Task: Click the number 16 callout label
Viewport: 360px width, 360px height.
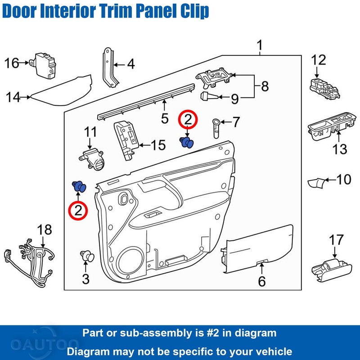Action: tap(12, 63)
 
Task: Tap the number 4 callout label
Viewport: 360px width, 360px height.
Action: tap(130, 64)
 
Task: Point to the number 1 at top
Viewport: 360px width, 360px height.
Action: tap(260, 45)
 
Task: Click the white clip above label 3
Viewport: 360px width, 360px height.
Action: tap(87, 256)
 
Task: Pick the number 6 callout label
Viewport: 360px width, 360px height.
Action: tap(261, 282)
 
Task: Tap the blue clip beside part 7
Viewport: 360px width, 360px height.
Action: tap(186, 142)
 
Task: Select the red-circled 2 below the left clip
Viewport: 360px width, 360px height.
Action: tap(78, 210)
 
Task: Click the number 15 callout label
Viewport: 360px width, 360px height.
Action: tap(157, 145)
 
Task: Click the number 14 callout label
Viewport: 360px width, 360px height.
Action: tap(13, 96)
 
